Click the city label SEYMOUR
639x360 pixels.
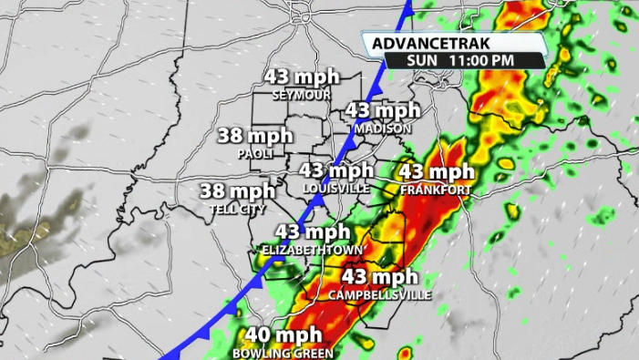[x=300, y=94]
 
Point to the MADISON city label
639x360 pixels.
[x=383, y=129]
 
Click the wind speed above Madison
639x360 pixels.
[x=383, y=111]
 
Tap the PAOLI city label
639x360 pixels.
[x=255, y=154]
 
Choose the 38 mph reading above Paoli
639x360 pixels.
[x=255, y=137]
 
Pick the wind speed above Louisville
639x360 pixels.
[x=336, y=170]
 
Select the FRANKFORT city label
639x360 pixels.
[x=436, y=190]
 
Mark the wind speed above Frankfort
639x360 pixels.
[x=437, y=172]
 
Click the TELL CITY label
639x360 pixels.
[x=237, y=209]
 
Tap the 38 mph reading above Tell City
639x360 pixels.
[x=237, y=191]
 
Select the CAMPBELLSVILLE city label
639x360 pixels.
[x=380, y=294]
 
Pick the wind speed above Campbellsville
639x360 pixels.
[x=380, y=277]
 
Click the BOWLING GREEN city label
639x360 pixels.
[x=283, y=354]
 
